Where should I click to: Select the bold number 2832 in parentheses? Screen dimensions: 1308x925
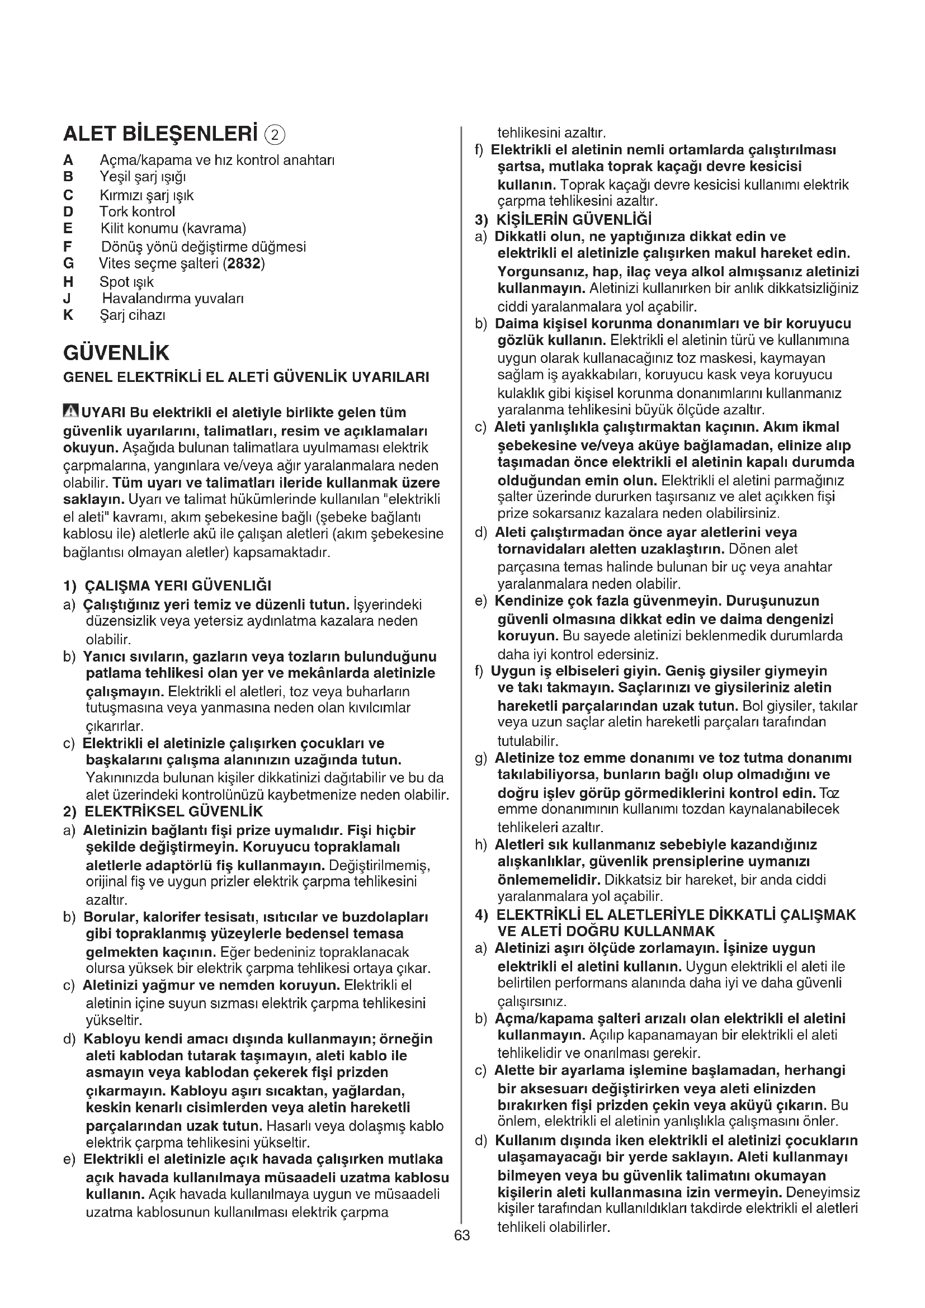point(244,264)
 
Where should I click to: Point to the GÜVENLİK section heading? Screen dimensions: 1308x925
point(116,353)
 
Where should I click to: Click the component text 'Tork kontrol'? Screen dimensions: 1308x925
point(137,212)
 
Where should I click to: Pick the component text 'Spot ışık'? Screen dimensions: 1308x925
point(126,282)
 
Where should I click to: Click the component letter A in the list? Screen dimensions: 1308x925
point(68,160)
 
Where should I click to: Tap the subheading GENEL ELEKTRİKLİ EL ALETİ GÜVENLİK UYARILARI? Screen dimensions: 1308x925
point(246,377)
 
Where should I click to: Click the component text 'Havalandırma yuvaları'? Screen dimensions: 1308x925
point(173,299)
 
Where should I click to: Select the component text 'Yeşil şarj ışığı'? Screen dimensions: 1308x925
point(143,177)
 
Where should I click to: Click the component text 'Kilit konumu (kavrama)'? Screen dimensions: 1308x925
point(173,229)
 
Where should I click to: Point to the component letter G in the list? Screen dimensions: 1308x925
point(68,264)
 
